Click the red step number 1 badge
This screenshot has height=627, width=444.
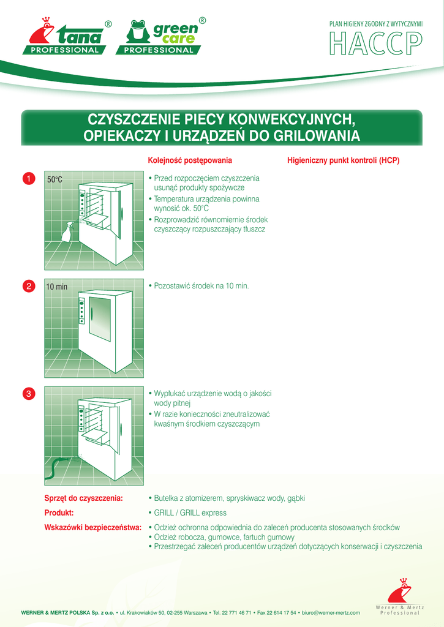pos(28,178)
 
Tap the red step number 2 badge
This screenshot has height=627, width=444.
pos(28,286)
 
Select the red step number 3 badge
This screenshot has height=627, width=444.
pos(28,393)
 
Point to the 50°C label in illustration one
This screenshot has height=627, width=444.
pos(55,179)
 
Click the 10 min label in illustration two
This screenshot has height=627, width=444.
pos(57,287)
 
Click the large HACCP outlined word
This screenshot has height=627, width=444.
pos(375,42)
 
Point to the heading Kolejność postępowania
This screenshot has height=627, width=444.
pos(190,161)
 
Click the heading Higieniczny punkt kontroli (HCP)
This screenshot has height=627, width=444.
pos(343,161)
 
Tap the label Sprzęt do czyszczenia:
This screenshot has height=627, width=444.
pos(84,498)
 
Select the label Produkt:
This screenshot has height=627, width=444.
pos(59,512)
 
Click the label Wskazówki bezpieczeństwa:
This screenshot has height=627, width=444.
pos(93,527)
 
